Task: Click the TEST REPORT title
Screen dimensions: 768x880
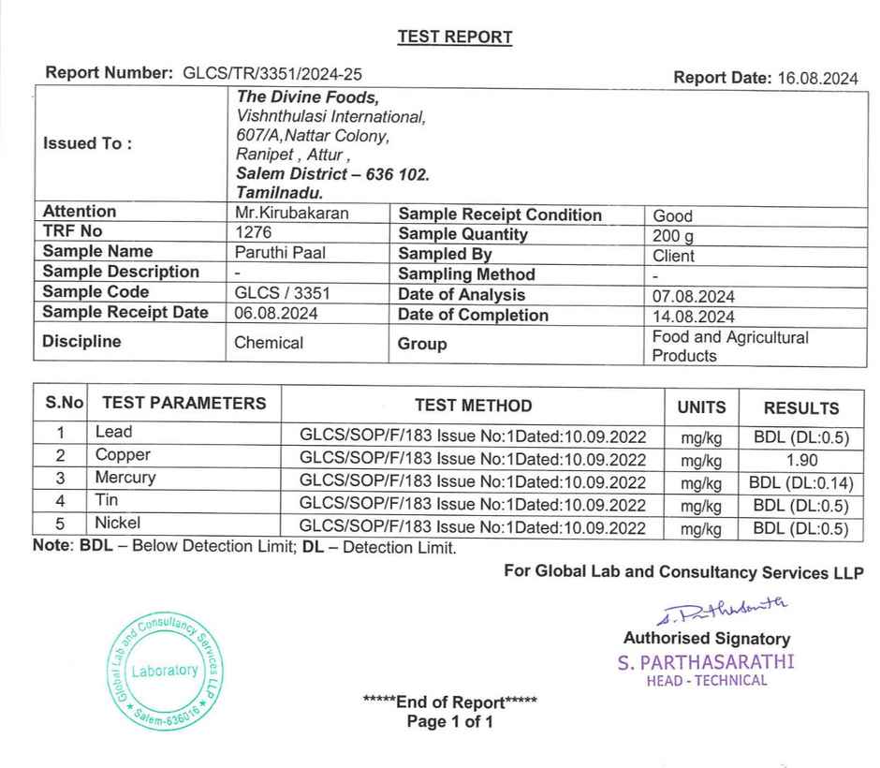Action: coord(455,37)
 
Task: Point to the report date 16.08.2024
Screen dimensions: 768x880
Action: coord(817,79)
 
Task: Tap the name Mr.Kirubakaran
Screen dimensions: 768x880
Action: coord(291,213)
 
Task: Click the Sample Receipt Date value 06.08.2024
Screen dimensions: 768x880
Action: coord(276,314)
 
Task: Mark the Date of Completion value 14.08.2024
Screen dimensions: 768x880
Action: coord(693,317)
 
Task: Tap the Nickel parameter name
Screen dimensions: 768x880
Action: coord(117,523)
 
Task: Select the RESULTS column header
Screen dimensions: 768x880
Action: coord(800,408)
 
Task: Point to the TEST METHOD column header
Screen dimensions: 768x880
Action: coord(473,406)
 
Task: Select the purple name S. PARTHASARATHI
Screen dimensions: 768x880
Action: coord(706,661)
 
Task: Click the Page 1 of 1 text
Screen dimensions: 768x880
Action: coord(449,722)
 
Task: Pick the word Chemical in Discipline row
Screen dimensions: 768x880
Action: coord(269,343)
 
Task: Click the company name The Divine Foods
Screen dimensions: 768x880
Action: coord(307,97)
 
